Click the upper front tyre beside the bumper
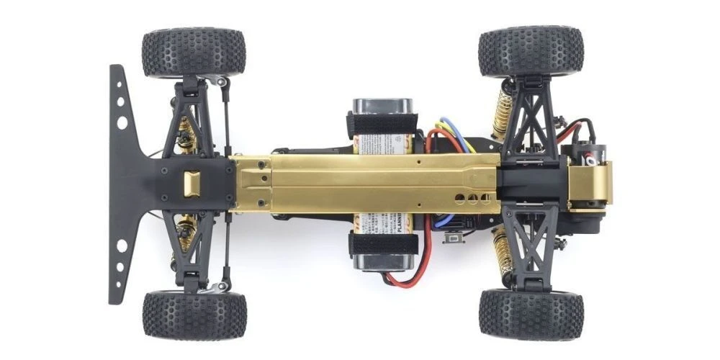click(x=194, y=53)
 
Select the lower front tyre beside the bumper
click(x=194, y=315)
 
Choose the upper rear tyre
click(x=531, y=51)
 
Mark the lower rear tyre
click(x=531, y=315)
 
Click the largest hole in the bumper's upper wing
click(x=122, y=123)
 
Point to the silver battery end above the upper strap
click(x=382, y=105)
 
